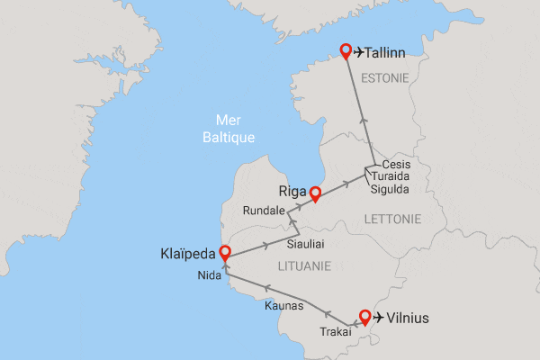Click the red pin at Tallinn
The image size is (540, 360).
[x=345, y=51]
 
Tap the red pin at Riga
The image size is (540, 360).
[x=315, y=193]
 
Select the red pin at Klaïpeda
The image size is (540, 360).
[x=224, y=254]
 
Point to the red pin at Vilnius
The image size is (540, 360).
[x=364, y=316]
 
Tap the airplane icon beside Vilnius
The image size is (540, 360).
[x=379, y=318]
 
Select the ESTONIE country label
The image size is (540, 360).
[x=384, y=79]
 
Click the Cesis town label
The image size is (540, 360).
[x=396, y=165]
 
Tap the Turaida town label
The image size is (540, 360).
[x=391, y=177]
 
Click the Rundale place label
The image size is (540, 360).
[x=264, y=211]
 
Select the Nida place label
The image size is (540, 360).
[x=208, y=275]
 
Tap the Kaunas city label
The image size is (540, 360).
[x=285, y=307]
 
